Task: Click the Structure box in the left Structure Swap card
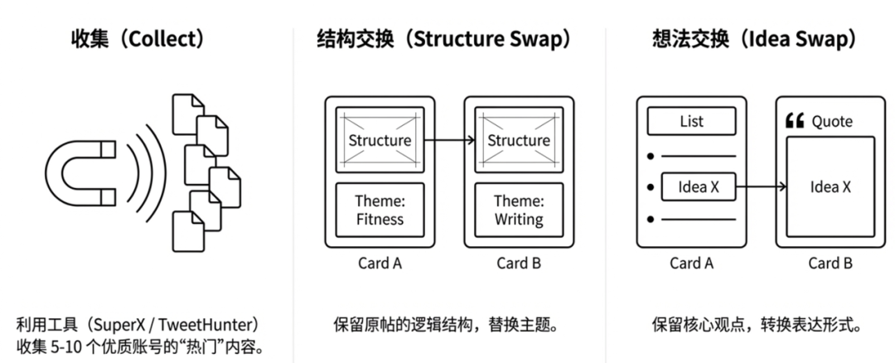[380, 140]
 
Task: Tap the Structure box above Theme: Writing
[519, 140]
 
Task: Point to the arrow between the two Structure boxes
[449, 140]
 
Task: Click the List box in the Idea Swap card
[691, 122]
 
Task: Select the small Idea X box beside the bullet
[699, 187]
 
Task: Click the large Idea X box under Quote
[830, 187]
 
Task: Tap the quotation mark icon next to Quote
[793, 122]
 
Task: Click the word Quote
[832, 122]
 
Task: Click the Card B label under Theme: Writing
[519, 264]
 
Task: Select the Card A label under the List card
[691, 264]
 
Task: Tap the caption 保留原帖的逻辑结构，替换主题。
[448, 323]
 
